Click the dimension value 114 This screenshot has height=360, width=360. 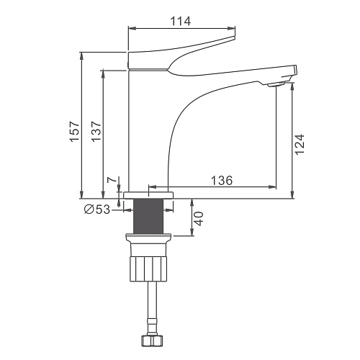point(181,21)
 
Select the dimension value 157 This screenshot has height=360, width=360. point(75,131)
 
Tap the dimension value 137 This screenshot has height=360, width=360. point(96,131)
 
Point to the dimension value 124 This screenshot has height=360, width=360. point(300,144)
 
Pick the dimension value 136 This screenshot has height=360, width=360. point(222,181)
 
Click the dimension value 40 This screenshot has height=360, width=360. point(199,219)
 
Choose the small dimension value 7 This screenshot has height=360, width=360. point(112,180)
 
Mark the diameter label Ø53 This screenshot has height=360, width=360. point(97,210)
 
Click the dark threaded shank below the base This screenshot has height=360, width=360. point(148,216)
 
